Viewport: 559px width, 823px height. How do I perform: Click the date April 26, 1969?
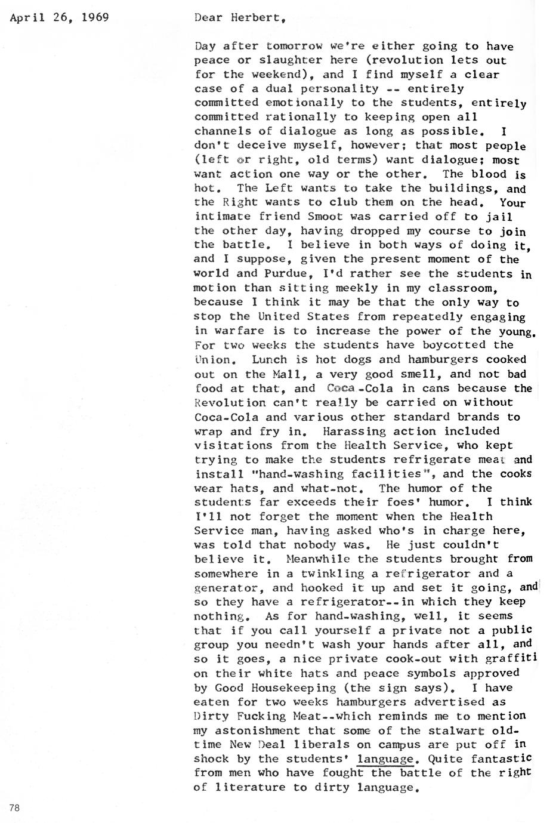[x=60, y=17]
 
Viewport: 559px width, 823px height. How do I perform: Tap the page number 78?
[x=15, y=808]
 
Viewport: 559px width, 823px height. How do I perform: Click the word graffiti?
[x=509, y=659]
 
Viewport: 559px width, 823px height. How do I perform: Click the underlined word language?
[x=385, y=759]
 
